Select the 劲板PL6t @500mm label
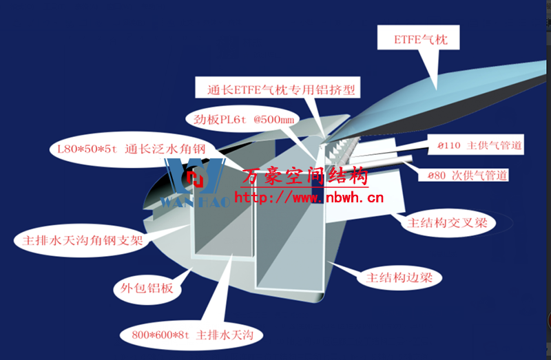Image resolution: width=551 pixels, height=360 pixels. (243, 119)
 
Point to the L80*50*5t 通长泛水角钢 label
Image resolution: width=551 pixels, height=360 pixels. (131, 149)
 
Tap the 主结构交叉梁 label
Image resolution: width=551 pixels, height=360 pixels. (447, 222)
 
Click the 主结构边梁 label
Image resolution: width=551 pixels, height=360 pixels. (399, 278)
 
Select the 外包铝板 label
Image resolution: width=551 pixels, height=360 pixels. (147, 288)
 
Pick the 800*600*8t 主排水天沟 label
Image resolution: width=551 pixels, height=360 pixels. (192, 335)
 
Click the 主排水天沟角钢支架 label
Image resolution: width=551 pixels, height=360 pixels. (83, 241)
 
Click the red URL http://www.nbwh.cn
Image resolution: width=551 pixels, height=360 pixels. (309, 198)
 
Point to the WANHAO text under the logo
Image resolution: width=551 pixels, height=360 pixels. (195, 202)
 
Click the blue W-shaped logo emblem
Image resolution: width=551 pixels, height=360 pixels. (195, 176)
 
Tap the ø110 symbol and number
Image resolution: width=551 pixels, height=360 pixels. (449, 145)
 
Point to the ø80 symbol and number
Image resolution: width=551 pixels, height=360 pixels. (437, 176)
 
